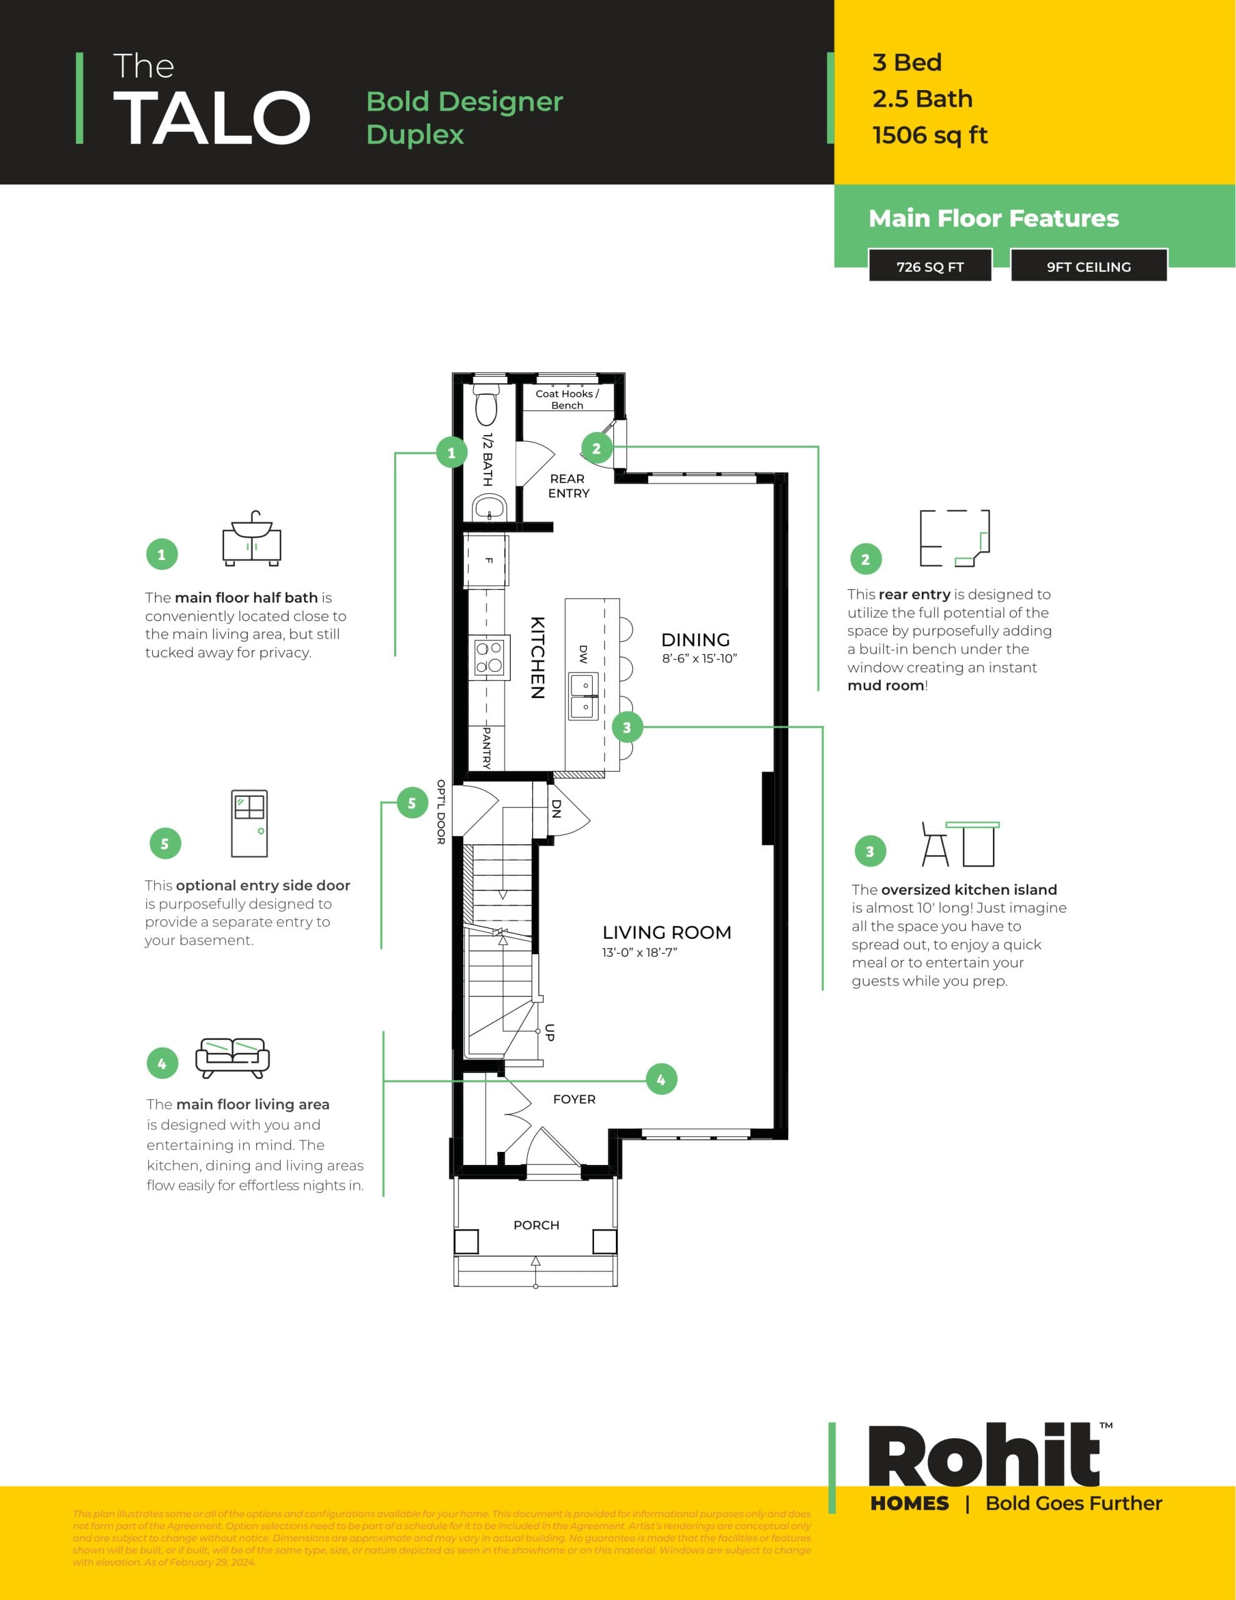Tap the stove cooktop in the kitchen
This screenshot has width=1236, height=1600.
tap(489, 657)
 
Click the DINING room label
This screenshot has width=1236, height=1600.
tap(695, 639)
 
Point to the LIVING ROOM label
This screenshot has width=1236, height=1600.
tap(666, 932)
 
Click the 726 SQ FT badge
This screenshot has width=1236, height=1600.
tap(930, 267)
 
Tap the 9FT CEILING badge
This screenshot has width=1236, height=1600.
tap(1088, 267)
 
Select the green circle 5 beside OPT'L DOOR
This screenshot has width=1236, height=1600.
tap(412, 803)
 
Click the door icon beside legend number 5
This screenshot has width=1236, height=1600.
tap(249, 824)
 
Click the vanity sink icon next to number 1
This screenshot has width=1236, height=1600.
tap(251, 539)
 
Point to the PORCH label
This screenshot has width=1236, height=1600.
tap(536, 1225)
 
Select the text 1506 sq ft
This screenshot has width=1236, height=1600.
tap(929, 136)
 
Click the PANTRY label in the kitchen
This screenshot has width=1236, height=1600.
tap(486, 747)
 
